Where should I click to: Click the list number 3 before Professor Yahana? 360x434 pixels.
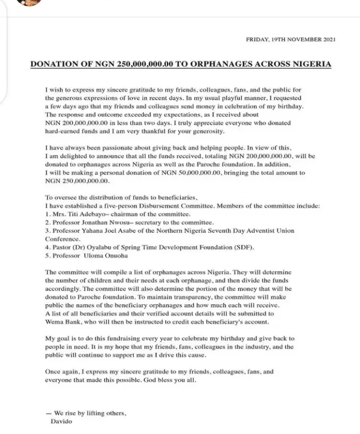tap(48, 230)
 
